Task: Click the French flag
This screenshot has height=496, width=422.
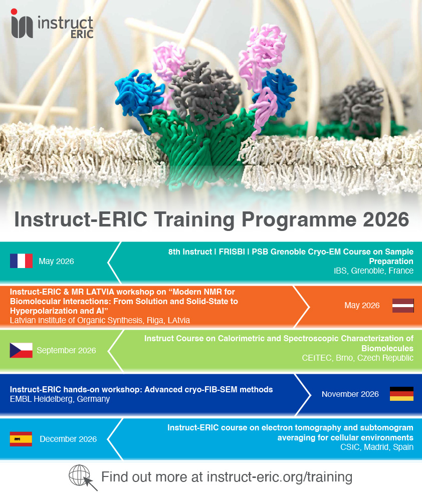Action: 21,261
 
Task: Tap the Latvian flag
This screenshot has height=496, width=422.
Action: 403,306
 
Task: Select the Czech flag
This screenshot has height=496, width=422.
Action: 21,350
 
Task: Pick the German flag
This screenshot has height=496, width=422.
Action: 402,394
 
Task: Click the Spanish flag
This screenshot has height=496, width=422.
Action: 21,439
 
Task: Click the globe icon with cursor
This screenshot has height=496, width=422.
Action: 83,477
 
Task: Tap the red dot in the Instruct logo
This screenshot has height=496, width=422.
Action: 14,12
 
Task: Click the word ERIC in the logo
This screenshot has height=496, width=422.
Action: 82,34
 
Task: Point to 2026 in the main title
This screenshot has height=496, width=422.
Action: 386,219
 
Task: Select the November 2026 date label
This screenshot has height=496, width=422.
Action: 350,394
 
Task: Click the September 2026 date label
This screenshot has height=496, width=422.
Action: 66,351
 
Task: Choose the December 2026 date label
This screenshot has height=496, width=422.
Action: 68,439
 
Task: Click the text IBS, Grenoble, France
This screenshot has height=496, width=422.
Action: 373,271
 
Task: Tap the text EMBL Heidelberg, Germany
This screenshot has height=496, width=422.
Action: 60,399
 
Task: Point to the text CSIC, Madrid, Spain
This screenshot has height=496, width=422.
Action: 377,447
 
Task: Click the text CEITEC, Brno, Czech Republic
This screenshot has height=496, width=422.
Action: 357,358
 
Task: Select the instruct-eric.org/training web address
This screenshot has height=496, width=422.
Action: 280,476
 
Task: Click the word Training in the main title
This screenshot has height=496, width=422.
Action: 194,220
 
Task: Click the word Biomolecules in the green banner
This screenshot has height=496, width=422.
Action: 387,348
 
